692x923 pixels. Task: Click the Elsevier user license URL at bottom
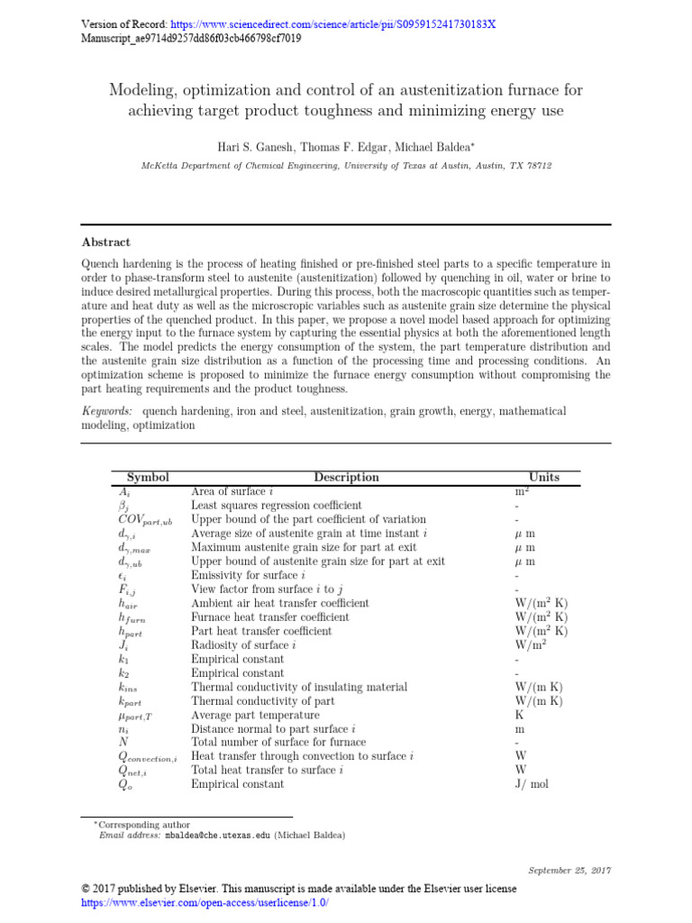tap(205, 902)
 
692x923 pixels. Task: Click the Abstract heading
tap(106, 242)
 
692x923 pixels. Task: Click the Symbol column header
tap(148, 478)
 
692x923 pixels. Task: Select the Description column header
tap(346, 478)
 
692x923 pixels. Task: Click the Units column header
tap(544, 478)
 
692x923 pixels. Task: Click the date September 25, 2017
tap(569, 870)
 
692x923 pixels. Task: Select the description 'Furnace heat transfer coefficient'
tap(269, 617)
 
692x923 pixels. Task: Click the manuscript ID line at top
tap(191, 39)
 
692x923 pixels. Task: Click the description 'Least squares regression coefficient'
tap(277, 506)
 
